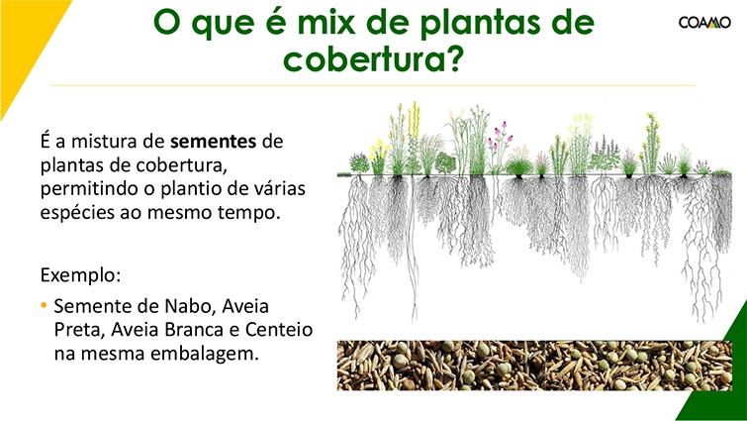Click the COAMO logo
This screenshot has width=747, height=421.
coord(704,23)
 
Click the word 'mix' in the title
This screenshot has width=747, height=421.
coord(326,22)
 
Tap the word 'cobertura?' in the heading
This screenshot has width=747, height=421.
coord(373,58)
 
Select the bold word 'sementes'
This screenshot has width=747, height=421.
coord(214,141)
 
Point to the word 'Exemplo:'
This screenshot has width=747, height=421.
coord(80,275)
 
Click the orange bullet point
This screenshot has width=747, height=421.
coord(44,305)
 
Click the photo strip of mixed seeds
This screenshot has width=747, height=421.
coord(534,366)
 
